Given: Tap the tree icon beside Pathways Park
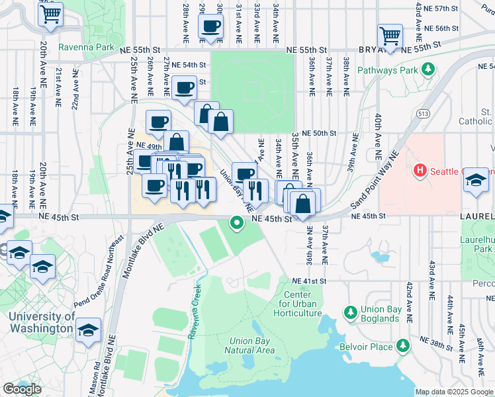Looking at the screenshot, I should click(x=429, y=69).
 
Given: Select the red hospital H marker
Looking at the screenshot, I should click(x=419, y=171).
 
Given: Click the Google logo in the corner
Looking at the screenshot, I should click(x=22, y=389).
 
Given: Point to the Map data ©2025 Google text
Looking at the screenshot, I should click(x=453, y=392).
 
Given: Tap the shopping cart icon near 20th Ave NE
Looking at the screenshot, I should click(x=51, y=13).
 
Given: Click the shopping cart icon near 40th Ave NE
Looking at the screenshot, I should click(x=390, y=35).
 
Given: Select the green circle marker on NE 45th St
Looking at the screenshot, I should click(x=237, y=223).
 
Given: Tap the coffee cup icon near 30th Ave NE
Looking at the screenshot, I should click(x=211, y=26).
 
